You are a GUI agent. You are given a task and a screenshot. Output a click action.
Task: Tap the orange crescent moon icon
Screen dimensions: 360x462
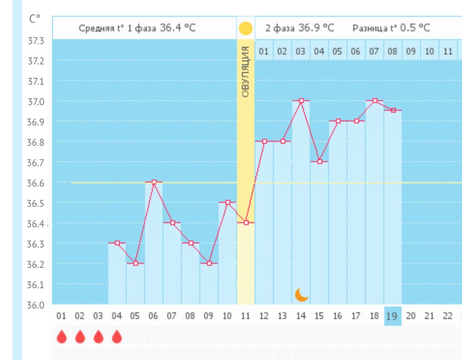point(301,294)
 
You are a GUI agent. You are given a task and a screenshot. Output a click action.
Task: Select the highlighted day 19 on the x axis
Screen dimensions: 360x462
point(393,316)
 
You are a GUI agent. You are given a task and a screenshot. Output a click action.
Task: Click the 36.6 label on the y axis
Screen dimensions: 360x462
point(36,183)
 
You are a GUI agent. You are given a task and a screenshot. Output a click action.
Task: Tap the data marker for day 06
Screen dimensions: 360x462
point(154,182)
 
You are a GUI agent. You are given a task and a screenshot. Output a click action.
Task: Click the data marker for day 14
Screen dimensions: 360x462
point(301,100)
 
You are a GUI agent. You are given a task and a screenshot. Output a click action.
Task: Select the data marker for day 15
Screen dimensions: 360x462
point(319,161)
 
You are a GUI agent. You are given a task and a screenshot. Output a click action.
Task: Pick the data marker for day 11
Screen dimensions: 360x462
point(246,223)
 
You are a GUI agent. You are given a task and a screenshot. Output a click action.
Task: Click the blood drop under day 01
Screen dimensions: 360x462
point(61,337)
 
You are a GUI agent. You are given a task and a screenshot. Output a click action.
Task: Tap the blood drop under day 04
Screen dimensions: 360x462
point(116,337)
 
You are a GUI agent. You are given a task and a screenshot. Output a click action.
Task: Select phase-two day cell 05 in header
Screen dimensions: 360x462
point(337,51)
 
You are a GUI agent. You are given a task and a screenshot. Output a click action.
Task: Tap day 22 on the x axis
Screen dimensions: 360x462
point(448,316)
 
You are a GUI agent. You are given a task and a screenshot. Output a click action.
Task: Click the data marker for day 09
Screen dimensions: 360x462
point(209,263)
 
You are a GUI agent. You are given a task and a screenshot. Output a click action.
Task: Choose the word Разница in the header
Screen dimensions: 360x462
point(367,28)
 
